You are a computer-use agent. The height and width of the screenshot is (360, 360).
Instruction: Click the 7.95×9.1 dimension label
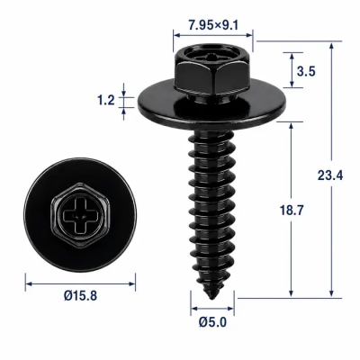point(213,25)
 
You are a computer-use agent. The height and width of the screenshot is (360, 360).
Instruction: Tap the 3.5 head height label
point(306,72)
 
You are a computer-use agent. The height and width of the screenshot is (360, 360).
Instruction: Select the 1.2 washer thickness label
point(106,100)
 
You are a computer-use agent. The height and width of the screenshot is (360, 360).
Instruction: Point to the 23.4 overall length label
point(330,175)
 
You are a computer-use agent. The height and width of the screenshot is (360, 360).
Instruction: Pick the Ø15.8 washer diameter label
point(80,296)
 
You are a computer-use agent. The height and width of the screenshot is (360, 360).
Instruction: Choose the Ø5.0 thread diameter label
point(212,322)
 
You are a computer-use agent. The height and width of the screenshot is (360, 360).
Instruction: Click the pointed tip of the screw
point(212,298)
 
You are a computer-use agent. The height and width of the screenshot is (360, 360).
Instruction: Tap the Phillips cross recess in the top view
point(80,214)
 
